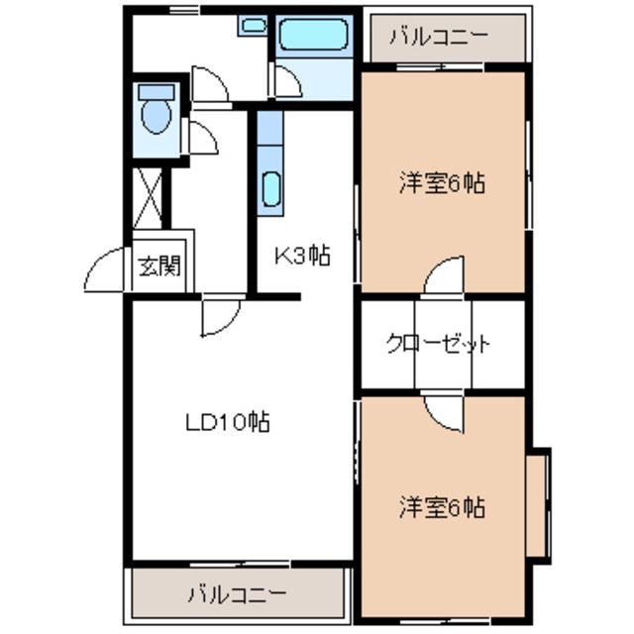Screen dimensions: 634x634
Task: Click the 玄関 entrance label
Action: [x=159, y=266]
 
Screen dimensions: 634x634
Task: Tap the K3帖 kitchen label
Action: [x=302, y=256]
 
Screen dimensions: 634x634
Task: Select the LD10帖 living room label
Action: [x=228, y=423]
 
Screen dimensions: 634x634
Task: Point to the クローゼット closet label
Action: [x=439, y=344]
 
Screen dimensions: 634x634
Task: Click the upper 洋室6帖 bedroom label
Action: [x=443, y=182]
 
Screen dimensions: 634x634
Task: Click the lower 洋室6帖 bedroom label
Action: [x=443, y=507]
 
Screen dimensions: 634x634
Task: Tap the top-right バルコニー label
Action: [x=439, y=37]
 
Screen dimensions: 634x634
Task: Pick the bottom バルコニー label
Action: [x=238, y=595]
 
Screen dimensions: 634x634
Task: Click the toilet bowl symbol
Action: [x=157, y=109]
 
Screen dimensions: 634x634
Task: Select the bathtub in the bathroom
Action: [x=314, y=36]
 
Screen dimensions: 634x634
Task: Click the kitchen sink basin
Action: [x=270, y=189]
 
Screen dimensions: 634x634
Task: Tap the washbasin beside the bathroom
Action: [x=254, y=26]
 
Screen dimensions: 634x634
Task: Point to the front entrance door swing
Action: [x=104, y=269]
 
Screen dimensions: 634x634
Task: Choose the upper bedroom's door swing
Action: [x=444, y=275]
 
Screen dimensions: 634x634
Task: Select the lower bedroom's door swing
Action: [x=444, y=414]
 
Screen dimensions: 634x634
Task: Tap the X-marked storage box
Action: [x=148, y=198]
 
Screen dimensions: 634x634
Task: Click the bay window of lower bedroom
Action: [x=540, y=505]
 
